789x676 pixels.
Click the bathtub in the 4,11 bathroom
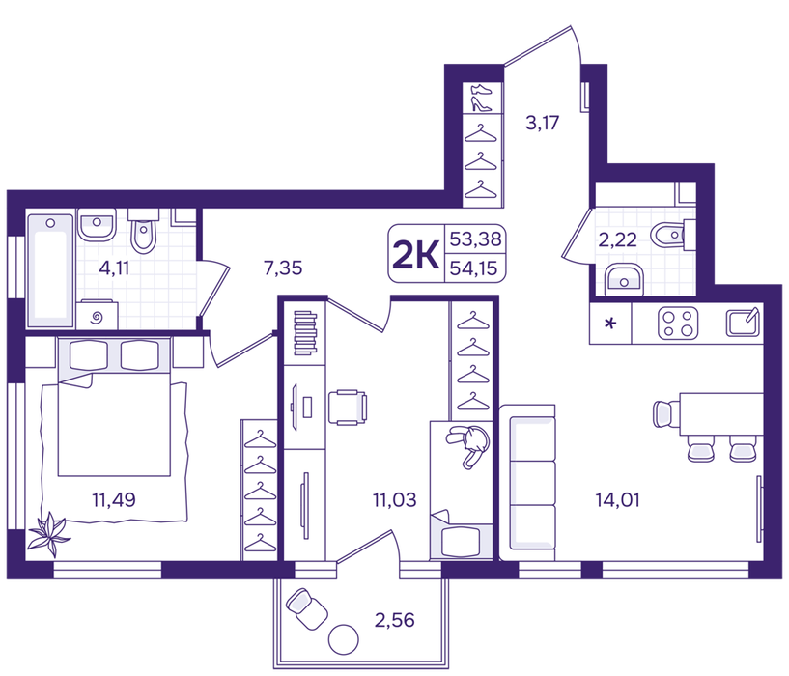pos(50,270)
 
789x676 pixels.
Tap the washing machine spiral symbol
pos(98,317)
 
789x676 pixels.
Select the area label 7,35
pos(283,268)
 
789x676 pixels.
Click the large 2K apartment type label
pos(415,254)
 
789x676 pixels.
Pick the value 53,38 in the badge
pos(475,239)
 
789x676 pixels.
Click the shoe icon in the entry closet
pos(481,98)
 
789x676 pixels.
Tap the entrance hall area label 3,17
pos(542,123)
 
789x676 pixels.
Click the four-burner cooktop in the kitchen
pos(678,323)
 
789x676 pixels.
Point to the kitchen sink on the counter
pos(743,323)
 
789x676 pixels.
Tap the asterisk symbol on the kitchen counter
pos(610,324)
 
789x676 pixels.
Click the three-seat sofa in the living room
pos(528,483)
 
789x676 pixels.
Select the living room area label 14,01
pos(617,500)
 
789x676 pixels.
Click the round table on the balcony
pos(343,639)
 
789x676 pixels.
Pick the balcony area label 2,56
pos(394,620)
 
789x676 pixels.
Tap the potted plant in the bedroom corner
pos(49,534)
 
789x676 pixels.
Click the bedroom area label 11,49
pos(114,500)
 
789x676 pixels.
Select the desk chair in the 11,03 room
pos(348,408)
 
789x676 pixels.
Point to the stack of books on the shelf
pos(305,333)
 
